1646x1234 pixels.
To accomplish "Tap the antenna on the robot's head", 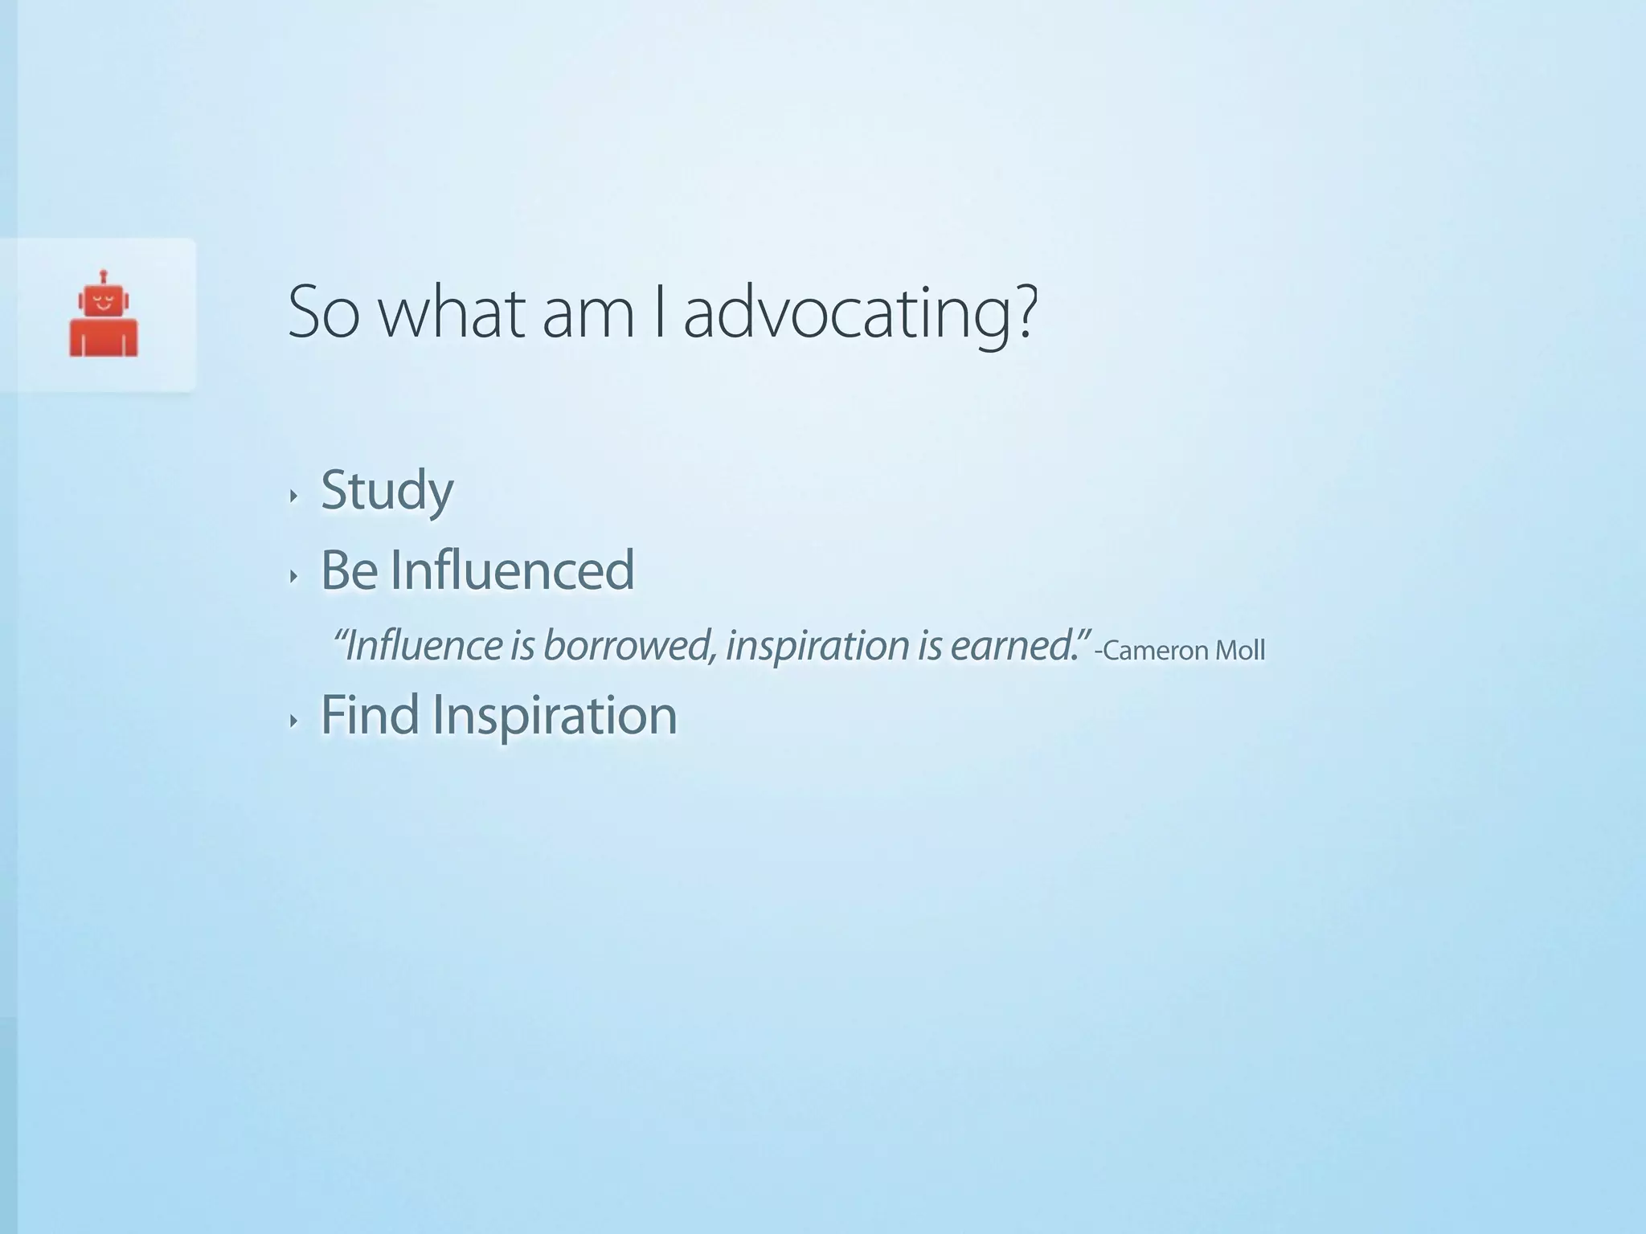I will point(104,276).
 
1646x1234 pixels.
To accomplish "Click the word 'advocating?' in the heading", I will point(861,315).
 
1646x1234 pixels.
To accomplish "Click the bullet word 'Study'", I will point(387,490).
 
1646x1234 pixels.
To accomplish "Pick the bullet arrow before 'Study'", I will point(294,496).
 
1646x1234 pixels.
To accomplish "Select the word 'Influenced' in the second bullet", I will point(513,570).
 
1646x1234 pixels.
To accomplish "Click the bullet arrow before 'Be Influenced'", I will point(294,575).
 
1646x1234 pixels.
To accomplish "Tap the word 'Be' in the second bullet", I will point(349,570).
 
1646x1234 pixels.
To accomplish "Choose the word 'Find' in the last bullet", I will point(370,715).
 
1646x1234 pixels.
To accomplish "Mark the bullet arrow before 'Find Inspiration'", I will point(294,721).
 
